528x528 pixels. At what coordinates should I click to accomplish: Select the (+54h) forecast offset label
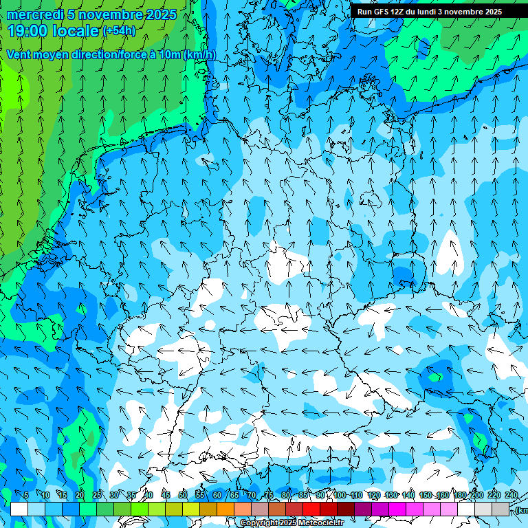click(119, 31)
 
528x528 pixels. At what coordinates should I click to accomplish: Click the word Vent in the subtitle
click(20, 54)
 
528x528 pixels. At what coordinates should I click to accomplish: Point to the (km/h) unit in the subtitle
click(200, 54)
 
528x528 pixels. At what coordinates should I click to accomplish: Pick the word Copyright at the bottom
click(258, 523)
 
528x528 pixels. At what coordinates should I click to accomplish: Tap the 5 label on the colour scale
click(25, 496)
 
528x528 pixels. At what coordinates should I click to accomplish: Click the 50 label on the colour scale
click(182, 496)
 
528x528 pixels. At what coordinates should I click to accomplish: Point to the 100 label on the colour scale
click(340, 496)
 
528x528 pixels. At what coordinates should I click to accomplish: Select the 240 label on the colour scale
click(511, 496)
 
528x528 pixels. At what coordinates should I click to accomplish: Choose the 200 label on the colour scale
click(476, 496)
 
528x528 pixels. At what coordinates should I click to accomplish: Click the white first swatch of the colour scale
click(19, 509)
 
